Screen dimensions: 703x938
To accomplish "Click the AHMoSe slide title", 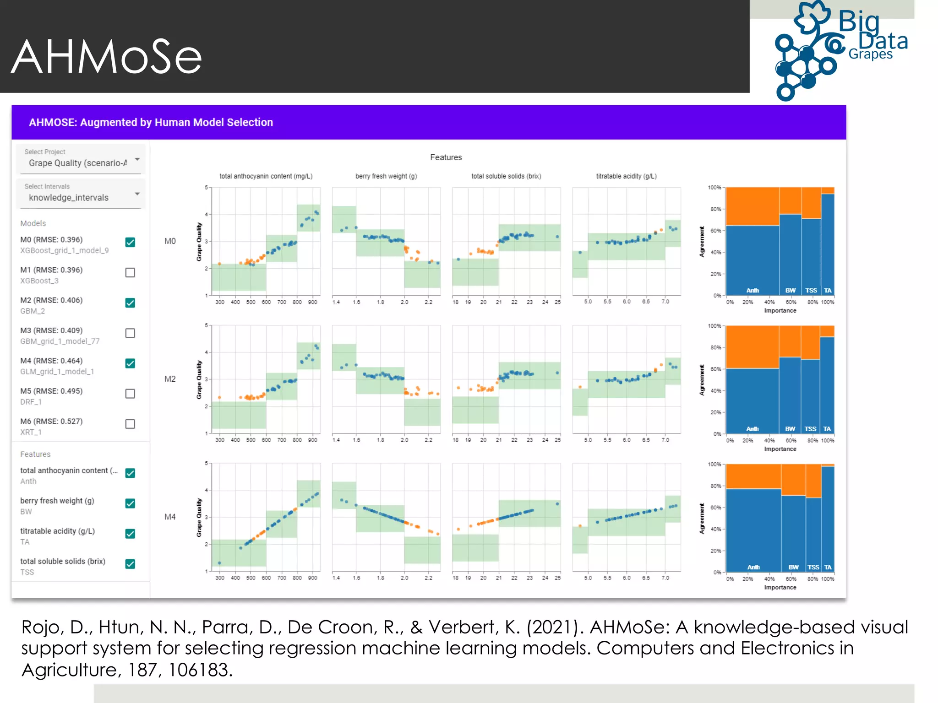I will tap(106, 57).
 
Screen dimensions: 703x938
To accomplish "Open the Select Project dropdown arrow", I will tap(137, 159).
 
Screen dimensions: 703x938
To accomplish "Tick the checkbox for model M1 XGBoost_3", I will tap(130, 273).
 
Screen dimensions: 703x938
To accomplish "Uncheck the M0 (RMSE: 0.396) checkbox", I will tap(130, 242).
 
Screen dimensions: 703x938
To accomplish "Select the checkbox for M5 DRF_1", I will tap(130, 394).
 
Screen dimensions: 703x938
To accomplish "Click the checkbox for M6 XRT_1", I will tap(130, 424).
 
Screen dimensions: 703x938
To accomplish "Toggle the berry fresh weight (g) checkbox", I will tap(130, 503).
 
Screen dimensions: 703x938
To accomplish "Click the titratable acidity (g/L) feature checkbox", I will tap(130, 534).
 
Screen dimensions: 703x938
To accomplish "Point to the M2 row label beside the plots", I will tap(170, 379).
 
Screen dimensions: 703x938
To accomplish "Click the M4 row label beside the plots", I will tap(170, 517).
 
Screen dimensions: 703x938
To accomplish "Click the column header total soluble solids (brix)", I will tap(506, 176).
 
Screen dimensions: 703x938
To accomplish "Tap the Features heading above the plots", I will tap(446, 157).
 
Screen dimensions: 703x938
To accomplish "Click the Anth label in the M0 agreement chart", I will tap(753, 291).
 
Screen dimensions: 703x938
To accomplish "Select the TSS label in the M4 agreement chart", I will tap(813, 568).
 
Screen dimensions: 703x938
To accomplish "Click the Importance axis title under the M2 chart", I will tap(780, 449).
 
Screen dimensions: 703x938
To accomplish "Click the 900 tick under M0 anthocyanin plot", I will tap(312, 302).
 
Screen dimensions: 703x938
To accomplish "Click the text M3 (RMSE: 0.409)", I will tap(51, 330).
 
